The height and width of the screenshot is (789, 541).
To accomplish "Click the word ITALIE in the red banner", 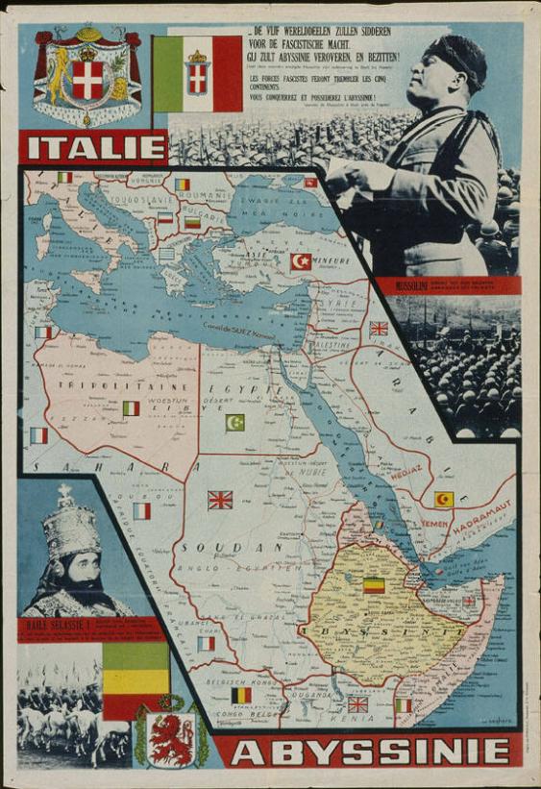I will [97, 148].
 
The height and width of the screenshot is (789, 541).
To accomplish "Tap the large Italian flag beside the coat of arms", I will [197, 74].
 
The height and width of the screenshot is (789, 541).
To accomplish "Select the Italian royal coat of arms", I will [87, 77].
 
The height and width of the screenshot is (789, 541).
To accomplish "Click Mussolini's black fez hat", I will [458, 58].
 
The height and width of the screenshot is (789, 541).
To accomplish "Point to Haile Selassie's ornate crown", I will [66, 523].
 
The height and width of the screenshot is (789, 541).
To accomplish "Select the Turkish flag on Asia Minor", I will [302, 261].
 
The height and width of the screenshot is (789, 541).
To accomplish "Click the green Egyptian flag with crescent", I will [234, 422].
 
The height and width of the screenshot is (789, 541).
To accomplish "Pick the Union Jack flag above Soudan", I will [220, 500].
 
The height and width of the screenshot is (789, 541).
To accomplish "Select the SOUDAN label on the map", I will [228, 546].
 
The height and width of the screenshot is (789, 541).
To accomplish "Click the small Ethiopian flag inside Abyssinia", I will [374, 584].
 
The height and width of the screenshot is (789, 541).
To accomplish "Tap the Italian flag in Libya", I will [132, 408].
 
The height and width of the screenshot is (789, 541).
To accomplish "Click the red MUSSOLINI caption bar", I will [448, 284].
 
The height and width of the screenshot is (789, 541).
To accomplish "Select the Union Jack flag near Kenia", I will [357, 703].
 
